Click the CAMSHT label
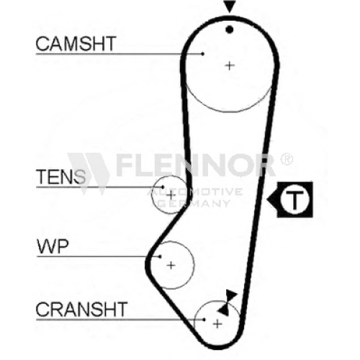pos(76,43)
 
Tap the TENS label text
pos(60,176)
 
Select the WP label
pos(53,246)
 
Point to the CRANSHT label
pos(81,309)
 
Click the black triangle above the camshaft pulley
pos(230,6)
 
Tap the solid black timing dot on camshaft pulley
pos(230,30)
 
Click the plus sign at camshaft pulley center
pos(230,66)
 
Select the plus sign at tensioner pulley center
pos(171,195)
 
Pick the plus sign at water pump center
pos(171,265)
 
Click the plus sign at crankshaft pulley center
pos(217,324)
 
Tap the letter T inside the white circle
pos(294,200)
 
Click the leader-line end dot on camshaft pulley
pos(203,54)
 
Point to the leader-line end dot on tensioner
pos(163,186)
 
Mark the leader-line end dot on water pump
pos(160,256)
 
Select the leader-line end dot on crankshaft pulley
pos(204,320)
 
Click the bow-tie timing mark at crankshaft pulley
pos(227,302)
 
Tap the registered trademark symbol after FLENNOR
pos(287,160)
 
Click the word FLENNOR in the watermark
pos(196,165)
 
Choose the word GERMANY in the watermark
pos(194,204)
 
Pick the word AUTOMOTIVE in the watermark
pos(194,192)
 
